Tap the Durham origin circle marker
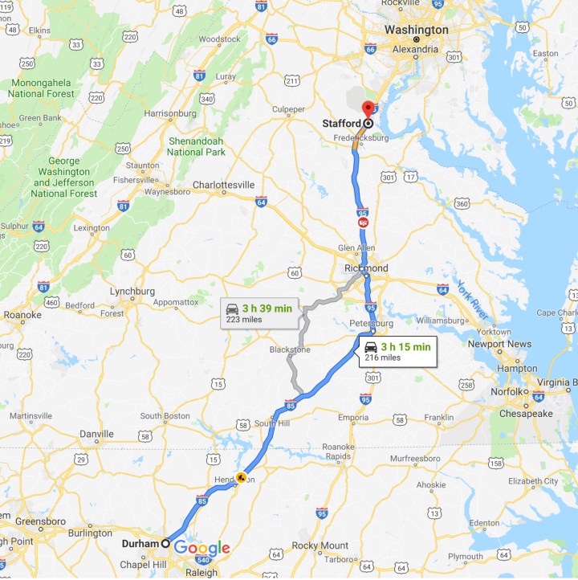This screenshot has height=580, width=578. (x=166, y=543)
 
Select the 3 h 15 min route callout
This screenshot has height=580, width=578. (x=397, y=351)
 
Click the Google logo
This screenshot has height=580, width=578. (x=202, y=548)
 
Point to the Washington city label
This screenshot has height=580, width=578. (x=416, y=30)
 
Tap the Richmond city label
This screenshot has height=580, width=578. (x=364, y=268)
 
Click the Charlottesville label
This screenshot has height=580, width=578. (x=223, y=184)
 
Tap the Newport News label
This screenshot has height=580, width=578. (x=499, y=344)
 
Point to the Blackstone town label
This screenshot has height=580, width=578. (x=289, y=350)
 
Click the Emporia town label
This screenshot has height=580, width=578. (x=352, y=417)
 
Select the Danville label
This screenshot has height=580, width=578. (x=96, y=434)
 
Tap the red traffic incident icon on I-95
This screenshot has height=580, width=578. (x=364, y=221)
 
